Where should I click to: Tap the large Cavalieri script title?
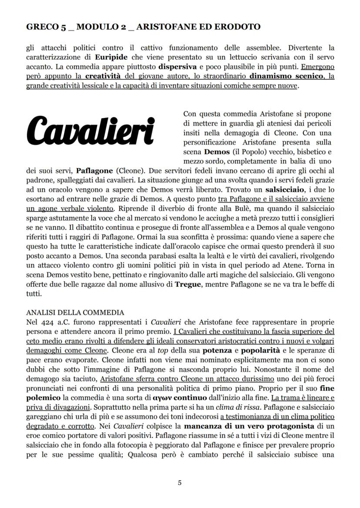pos(91,129)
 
